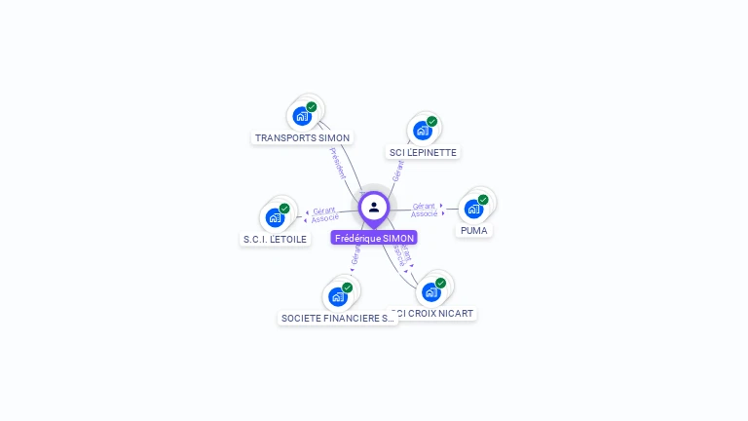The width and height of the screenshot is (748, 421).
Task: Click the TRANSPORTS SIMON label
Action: [302, 137]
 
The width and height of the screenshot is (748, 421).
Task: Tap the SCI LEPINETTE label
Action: [423, 152]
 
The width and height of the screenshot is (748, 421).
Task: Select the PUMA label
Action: [474, 230]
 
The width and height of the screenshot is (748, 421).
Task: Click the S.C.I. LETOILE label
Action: [275, 239]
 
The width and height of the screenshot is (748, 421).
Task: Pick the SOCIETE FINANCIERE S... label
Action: [337, 318]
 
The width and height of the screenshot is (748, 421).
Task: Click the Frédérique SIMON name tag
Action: [374, 238]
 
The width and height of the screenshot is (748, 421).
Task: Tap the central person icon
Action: [374, 207]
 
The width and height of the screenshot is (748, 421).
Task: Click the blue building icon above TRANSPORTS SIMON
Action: [302, 116]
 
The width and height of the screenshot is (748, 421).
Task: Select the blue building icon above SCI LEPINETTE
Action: [422, 130]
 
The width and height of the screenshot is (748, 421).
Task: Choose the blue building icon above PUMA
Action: [473, 208]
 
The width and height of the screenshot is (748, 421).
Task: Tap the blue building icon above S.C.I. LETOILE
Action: [275, 217]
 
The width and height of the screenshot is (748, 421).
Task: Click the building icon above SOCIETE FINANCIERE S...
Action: [337, 296]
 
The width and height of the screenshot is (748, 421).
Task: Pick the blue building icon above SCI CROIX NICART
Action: [430, 291]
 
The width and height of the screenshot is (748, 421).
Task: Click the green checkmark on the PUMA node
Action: [483, 200]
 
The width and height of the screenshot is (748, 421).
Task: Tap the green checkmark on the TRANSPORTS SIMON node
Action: [312, 107]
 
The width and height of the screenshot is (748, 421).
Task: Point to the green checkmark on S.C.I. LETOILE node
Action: [284, 209]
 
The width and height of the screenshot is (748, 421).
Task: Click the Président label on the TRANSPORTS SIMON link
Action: [337, 162]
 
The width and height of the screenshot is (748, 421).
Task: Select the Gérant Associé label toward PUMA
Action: [424, 210]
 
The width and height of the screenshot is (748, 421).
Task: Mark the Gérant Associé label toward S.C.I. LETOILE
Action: [325, 213]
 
